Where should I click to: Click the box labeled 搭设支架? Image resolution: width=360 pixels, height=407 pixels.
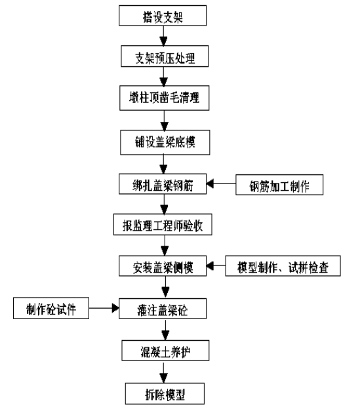click(163, 16)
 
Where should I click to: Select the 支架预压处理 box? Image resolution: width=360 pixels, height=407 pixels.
click(165, 56)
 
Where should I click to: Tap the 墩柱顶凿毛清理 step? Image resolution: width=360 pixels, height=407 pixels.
click(165, 98)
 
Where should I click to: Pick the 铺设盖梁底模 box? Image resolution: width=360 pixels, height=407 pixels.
click(165, 142)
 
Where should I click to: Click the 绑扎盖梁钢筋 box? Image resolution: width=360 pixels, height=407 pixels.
click(163, 184)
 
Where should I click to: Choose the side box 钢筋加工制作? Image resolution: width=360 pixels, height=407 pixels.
click(279, 185)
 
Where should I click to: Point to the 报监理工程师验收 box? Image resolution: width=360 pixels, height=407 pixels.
click(163, 225)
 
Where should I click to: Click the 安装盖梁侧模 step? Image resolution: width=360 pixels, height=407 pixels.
click(163, 266)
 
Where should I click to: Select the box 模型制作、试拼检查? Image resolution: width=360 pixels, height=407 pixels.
click(283, 266)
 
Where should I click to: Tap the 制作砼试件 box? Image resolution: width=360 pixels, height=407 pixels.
click(51, 308)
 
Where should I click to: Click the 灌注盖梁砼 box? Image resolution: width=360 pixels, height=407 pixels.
click(163, 309)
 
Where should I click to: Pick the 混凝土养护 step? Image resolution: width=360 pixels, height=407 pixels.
click(165, 351)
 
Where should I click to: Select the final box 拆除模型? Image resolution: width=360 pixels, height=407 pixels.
click(165, 393)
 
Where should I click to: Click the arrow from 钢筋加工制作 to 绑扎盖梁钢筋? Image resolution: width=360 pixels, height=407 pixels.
click(221, 184)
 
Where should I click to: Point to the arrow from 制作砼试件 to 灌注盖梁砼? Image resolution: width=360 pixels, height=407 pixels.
click(104, 308)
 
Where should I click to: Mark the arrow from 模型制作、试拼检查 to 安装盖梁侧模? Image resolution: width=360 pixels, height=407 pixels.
click(216, 266)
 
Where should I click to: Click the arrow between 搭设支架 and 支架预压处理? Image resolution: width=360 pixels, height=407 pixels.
click(163, 36)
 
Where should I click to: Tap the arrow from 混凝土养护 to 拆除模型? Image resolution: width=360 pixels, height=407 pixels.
click(164, 372)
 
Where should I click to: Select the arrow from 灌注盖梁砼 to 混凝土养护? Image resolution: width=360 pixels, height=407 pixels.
click(165, 330)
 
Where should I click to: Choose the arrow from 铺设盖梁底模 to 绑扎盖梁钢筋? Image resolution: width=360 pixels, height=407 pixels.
click(163, 165)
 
